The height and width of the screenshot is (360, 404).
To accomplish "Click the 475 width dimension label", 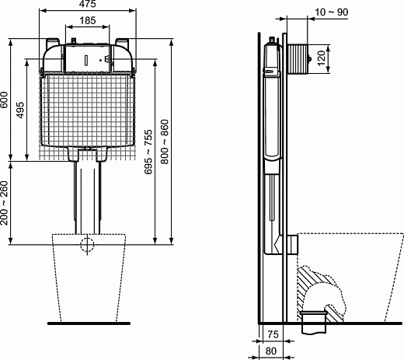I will click(x=87, y=5).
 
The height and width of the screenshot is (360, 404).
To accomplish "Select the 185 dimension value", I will click(x=87, y=19).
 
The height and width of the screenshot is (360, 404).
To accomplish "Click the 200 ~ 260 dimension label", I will click(x=6, y=203).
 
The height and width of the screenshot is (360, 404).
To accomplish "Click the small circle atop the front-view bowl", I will click(x=89, y=246).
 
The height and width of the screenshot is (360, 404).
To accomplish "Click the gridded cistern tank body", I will click(x=88, y=109).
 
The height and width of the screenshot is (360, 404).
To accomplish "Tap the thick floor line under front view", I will click(x=88, y=321).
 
